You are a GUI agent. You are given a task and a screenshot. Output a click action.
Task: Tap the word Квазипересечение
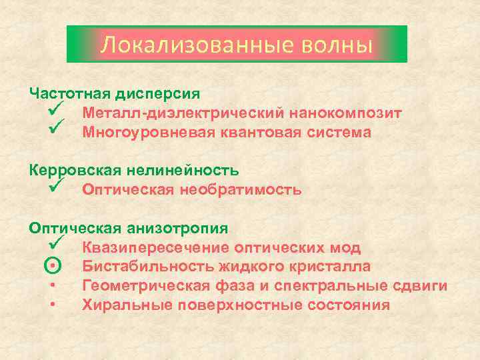click(155, 248)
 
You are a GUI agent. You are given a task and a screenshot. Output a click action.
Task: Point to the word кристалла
click(332, 267)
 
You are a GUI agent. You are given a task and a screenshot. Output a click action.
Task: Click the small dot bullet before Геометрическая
click(53, 286)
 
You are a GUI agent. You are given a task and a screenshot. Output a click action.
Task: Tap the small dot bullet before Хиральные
click(53, 305)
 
